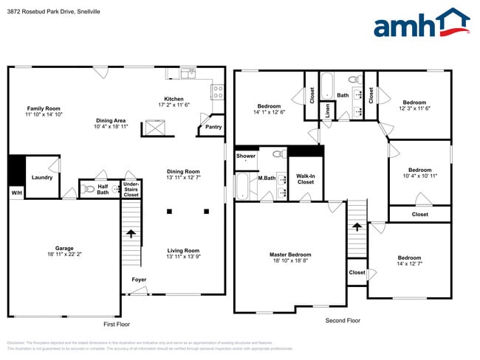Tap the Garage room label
[x=64, y=249]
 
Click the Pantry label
[x=213, y=127]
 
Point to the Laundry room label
[x=41, y=177]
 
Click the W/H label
[x=16, y=193]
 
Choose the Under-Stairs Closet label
[x=131, y=190]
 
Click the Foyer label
[x=139, y=280]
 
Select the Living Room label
[x=182, y=250]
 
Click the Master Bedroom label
[x=290, y=255]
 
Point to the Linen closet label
[x=327, y=109]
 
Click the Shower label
[x=246, y=156]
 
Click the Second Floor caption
[x=343, y=321]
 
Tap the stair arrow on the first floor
[x=131, y=234]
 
